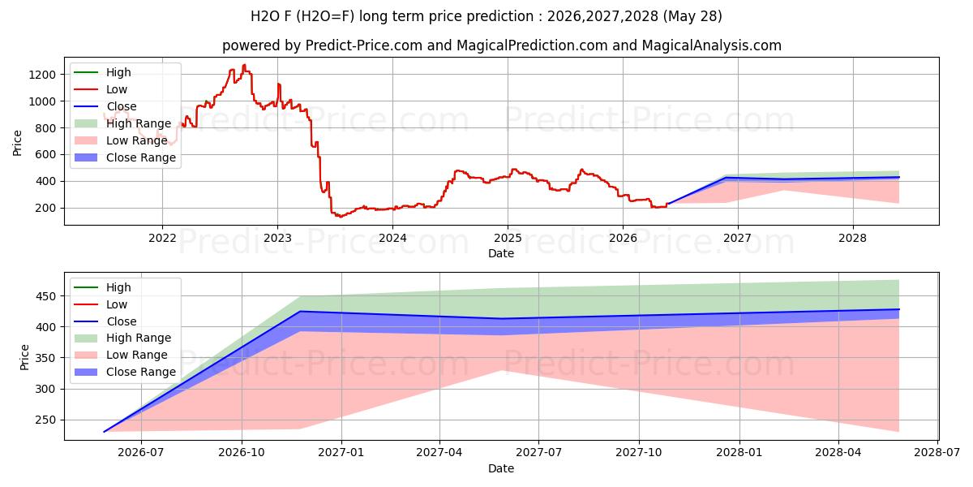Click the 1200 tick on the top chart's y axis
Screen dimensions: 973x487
click(42, 75)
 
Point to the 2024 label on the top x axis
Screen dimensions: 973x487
click(392, 239)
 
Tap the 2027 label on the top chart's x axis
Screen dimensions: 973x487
click(738, 239)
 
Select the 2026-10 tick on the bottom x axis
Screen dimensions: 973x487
click(242, 453)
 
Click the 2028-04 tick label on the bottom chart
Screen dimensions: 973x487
click(838, 453)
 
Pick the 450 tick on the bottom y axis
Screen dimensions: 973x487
click(45, 296)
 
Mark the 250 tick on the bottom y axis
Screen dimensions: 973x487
click(45, 420)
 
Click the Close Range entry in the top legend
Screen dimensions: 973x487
click(125, 157)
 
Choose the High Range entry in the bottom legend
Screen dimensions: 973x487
click(123, 338)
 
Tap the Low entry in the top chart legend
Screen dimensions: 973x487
click(101, 89)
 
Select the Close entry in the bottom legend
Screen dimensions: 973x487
click(105, 321)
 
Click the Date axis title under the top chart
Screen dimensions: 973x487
click(501, 253)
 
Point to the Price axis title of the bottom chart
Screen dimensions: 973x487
click(24, 357)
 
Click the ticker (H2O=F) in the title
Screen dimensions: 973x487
click(325, 16)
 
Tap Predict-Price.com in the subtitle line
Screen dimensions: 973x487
click(363, 45)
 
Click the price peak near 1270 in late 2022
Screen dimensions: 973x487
click(245, 65)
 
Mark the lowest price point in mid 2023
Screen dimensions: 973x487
click(341, 217)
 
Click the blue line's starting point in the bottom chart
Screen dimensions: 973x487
click(105, 432)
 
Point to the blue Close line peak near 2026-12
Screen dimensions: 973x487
click(300, 312)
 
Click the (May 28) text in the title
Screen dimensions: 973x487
click(692, 16)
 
